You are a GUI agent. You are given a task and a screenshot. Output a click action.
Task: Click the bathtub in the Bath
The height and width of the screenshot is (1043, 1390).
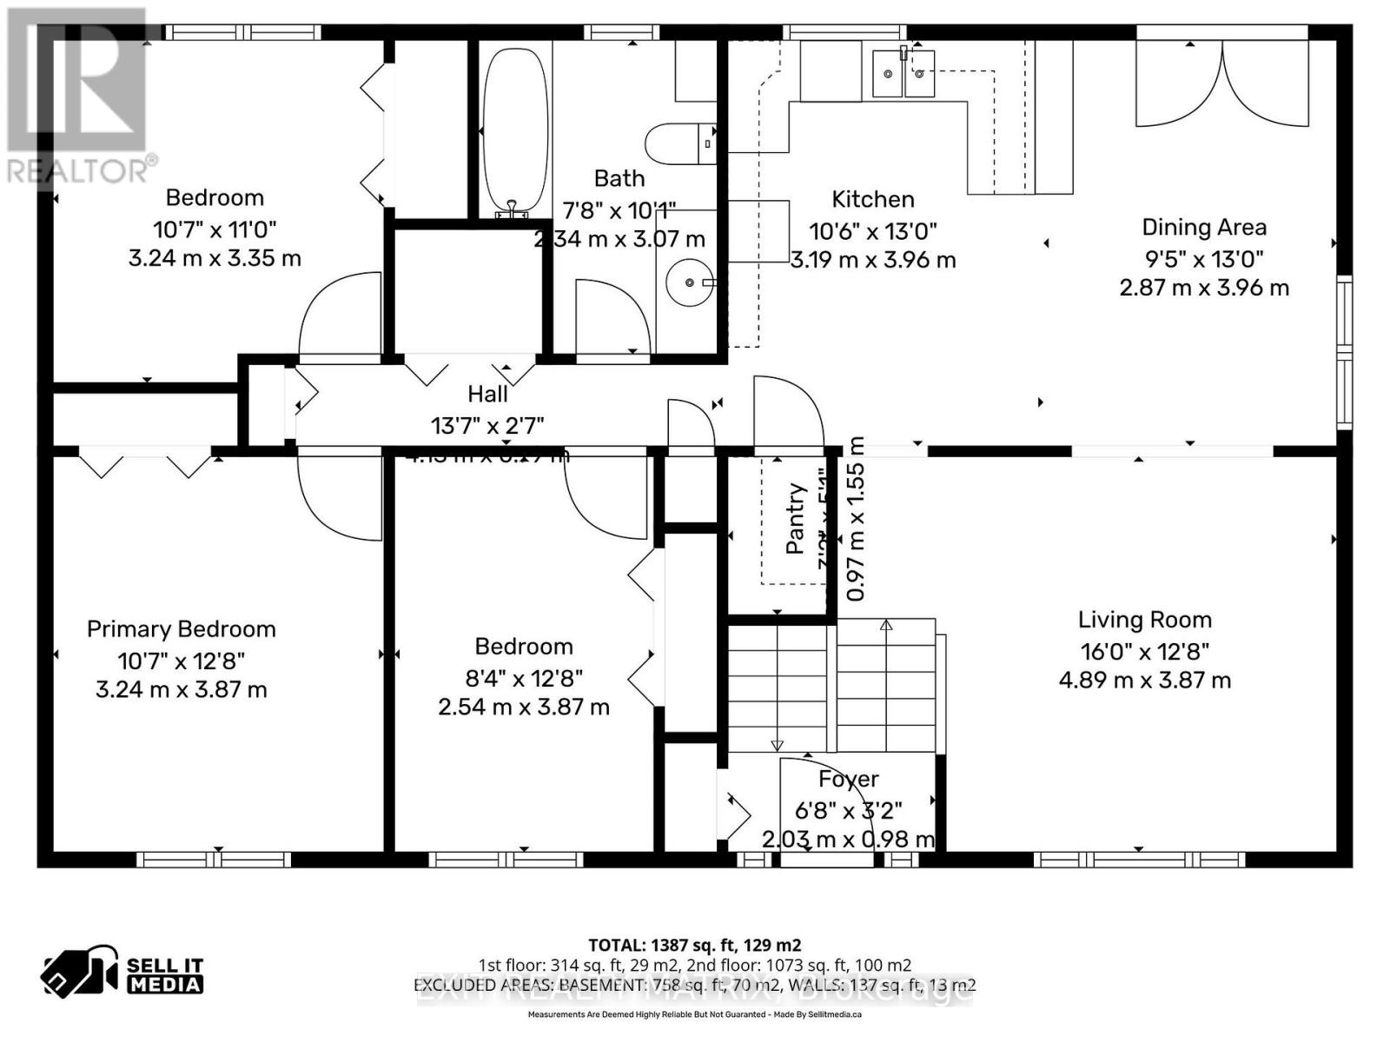pyautogui.click(x=515, y=130)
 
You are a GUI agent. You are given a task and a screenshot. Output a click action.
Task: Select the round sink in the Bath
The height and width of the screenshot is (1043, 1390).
pyautogui.click(x=689, y=282)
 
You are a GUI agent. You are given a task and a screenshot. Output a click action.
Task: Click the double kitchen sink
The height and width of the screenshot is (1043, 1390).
pyautogui.click(x=903, y=74)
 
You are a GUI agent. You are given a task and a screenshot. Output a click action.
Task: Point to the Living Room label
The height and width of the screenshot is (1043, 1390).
pyautogui.click(x=1144, y=620)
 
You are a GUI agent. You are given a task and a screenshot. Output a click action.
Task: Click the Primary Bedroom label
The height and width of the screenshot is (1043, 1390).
pyautogui.click(x=181, y=629)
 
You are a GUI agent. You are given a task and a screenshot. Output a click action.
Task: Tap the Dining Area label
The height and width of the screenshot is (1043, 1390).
pyautogui.click(x=1203, y=228)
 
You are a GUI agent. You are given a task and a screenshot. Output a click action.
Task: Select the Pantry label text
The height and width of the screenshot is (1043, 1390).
pyautogui.click(x=795, y=520)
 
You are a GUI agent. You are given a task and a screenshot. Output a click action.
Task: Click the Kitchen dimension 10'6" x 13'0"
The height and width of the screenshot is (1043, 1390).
pyautogui.click(x=872, y=231)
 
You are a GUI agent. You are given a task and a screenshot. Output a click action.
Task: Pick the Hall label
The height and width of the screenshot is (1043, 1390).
pyautogui.click(x=487, y=394)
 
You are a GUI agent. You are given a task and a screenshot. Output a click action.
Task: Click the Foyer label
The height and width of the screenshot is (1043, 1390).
pyautogui.click(x=848, y=780)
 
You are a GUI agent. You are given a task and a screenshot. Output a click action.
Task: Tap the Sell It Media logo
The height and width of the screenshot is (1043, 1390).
pyautogui.click(x=122, y=973)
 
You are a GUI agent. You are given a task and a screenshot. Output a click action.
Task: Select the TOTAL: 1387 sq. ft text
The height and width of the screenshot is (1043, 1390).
pyautogui.click(x=694, y=945)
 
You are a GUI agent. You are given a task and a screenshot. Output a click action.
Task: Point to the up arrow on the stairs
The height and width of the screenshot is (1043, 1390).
pyautogui.click(x=886, y=625)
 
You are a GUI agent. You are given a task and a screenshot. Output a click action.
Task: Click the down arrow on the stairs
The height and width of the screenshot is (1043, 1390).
pyautogui.click(x=777, y=745)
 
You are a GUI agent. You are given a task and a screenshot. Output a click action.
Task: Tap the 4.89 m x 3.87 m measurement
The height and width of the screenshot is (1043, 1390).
pyautogui.click(x=1144, y=681)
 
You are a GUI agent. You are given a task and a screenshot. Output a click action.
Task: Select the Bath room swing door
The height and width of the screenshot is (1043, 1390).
pyautogui.click(x=612, y=317)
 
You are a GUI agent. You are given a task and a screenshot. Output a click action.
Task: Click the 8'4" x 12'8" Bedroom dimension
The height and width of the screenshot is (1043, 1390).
pyautogui.click(x=523, y=677)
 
